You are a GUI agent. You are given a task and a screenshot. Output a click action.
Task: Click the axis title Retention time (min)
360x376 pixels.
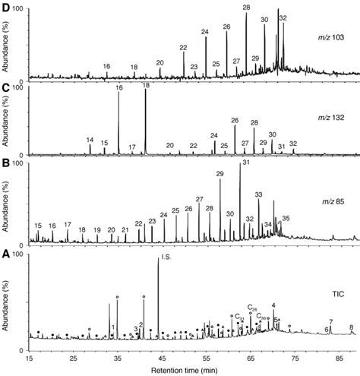(x=193, y=370)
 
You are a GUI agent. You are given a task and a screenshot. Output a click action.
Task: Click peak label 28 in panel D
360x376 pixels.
(x=246, y=7)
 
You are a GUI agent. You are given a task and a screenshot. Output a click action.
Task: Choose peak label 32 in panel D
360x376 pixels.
(x=283, y=17)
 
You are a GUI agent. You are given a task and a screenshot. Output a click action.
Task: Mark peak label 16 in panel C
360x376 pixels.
(x=118, y=89)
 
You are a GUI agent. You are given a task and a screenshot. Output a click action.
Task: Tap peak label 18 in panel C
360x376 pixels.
(x=146, y=87)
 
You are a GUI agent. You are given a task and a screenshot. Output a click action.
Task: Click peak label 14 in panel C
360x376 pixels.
(x=90, y=140)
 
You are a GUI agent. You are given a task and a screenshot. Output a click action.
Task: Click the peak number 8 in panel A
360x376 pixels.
(x=351, y=327)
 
